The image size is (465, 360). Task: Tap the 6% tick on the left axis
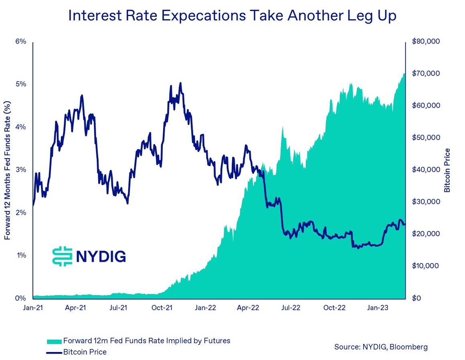21,42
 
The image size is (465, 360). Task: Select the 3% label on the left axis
21,170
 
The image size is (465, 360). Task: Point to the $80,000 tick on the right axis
426,42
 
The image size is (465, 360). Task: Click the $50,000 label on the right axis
426,138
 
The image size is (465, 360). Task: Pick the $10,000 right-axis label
426,266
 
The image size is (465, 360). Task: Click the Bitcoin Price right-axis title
447,170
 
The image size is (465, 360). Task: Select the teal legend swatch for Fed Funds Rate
54,341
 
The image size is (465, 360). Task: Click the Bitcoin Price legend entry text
85,352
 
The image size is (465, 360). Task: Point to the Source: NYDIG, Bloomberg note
381,347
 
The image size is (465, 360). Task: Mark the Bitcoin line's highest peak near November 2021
180,83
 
